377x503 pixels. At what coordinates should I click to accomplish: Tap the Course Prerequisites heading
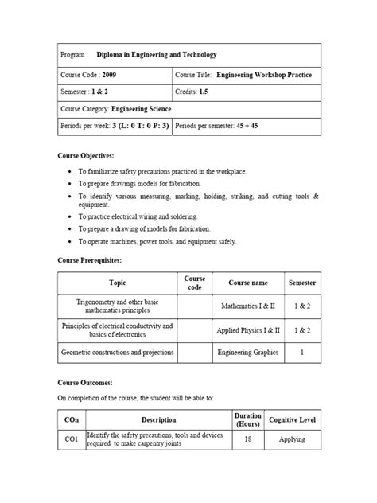pyautogui.click(x=91, y=260)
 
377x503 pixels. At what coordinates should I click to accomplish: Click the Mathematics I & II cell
pyautogui.click(x=247, y=305)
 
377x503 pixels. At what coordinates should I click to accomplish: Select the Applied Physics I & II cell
pyautogui.click(x=246, y=329)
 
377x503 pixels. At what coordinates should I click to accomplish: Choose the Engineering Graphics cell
pyautogui.click(x=246, y=352)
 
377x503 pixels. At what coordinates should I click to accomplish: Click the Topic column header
pyautogui.click(x=117, y=283)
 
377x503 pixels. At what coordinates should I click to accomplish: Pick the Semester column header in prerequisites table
pyautogui.click(x=301, y=283)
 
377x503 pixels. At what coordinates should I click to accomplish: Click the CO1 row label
pyautogui.click(x=71, y=439)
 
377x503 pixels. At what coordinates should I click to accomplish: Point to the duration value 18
pyautogui.click(x=247, y=439)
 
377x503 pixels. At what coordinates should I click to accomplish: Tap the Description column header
pyautogui.click(x=158, y=419)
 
